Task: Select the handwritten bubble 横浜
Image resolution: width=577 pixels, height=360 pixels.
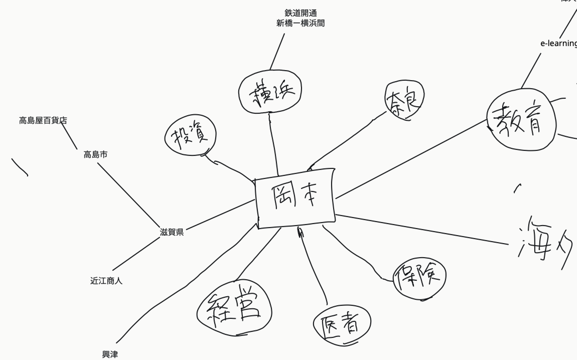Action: (x=270, y=93)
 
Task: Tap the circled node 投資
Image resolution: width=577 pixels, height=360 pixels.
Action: (x=190, y=137)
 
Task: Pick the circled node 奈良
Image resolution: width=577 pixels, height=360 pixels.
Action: (x=404, y=100)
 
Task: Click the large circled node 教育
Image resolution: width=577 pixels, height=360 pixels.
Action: (x=521, y=119)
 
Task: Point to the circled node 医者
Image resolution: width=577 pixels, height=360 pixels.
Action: (x=342, y=325)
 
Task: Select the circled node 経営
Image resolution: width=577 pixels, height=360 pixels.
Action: (x=234, y=308)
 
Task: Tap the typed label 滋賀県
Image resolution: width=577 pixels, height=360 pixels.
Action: (x=171, y=232)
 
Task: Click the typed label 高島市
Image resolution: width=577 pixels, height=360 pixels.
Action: (x=95, y=154)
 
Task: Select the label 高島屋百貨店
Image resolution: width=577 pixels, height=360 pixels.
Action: (x=43, y=120)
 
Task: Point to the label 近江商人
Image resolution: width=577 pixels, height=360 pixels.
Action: (x=106, y=281)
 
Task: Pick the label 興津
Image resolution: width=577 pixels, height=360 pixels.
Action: (x=110, y=354)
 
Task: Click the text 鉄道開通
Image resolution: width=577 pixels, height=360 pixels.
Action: (x=301, y=13)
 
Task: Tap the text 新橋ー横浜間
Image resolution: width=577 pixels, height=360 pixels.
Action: (x=301, y=23)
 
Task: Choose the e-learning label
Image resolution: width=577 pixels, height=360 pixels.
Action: (x=559, y=43)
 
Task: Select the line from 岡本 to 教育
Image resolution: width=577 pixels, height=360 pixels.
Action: (x=411, y=159)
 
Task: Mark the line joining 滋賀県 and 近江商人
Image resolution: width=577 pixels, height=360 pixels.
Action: (x=136, y=254)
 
